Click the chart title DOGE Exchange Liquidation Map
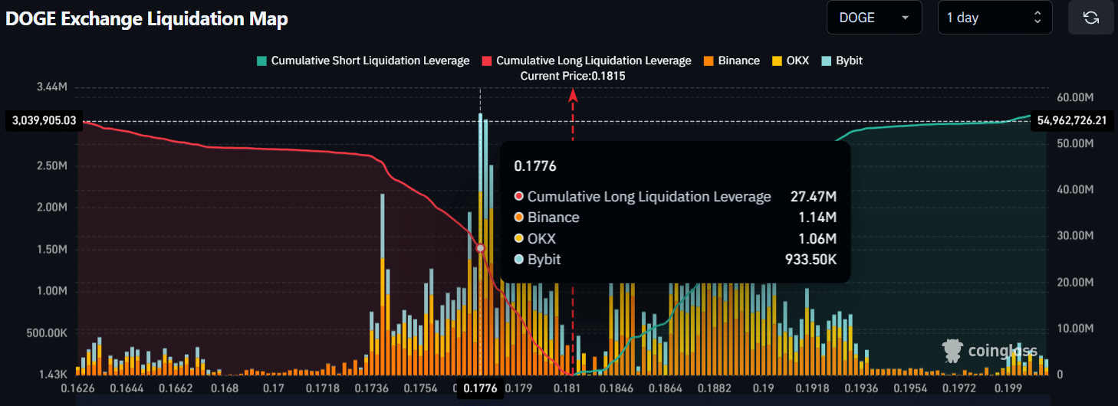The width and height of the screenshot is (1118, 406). click(x=146, y=19)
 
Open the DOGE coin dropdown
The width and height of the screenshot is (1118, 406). click(x=873, y=18)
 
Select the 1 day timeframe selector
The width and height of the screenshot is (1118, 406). click(x=995, y=18)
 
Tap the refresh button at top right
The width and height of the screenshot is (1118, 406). click(x=1090, y=18)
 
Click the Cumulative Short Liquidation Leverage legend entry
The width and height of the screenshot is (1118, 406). click(x=363, y=61)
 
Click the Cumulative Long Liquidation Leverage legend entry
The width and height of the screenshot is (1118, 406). click(x=587, y=61)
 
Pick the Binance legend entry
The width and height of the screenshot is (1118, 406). click(x=732, y=61)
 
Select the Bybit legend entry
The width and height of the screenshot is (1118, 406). click(x=842, y=61)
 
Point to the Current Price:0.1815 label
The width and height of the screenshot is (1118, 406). click(x=573, y=76)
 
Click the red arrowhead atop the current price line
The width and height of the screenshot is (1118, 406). click(x=573, y=95)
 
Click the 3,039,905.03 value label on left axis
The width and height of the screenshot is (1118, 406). click(x=44, y=121)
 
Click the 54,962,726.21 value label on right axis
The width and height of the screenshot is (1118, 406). click(x=1072, y=120)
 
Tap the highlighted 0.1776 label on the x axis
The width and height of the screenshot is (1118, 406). click(x=480, y=388)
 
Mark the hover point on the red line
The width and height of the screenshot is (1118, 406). click(x=480, y=248)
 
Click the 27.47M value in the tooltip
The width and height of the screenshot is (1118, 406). click(x=813, y=197)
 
